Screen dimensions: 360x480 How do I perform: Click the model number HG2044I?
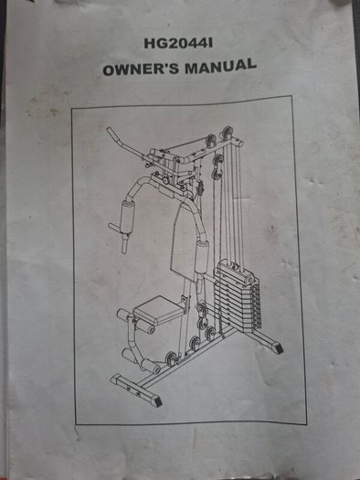tap(178, 44)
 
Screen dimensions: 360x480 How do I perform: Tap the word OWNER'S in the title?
tap(141, 69)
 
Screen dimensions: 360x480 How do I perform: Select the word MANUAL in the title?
tap(220, 66)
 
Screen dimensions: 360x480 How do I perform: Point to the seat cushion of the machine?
tap(160, 310)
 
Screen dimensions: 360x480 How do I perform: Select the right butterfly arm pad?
tap(202, 257)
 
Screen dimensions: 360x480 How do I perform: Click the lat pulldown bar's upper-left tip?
tap(108, 129)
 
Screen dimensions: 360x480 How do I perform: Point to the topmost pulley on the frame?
tap(227, 132)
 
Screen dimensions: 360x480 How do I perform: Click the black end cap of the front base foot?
tap(156, 401)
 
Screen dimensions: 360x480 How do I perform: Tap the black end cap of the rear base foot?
tap(278, 348)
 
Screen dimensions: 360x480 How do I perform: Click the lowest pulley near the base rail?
tap(171, 358)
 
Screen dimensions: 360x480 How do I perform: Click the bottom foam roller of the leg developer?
tap(151, 366)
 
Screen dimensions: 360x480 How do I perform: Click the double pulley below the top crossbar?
tap(218, 166)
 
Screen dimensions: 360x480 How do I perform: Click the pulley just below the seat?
tap(202, 316)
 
